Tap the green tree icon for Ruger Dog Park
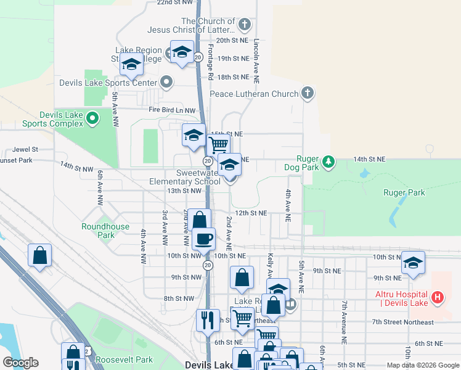click(329, 162)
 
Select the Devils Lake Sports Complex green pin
click(92, 117)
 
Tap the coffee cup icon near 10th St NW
click(203, 238)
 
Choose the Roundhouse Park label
click(105, 231)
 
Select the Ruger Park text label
click(404, 192)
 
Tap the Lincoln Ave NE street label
click(256, 62)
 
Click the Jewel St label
click(25, 149)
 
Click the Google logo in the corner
click(20, 363)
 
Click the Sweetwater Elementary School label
click(184, 178)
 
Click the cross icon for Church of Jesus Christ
click(245, 25)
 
